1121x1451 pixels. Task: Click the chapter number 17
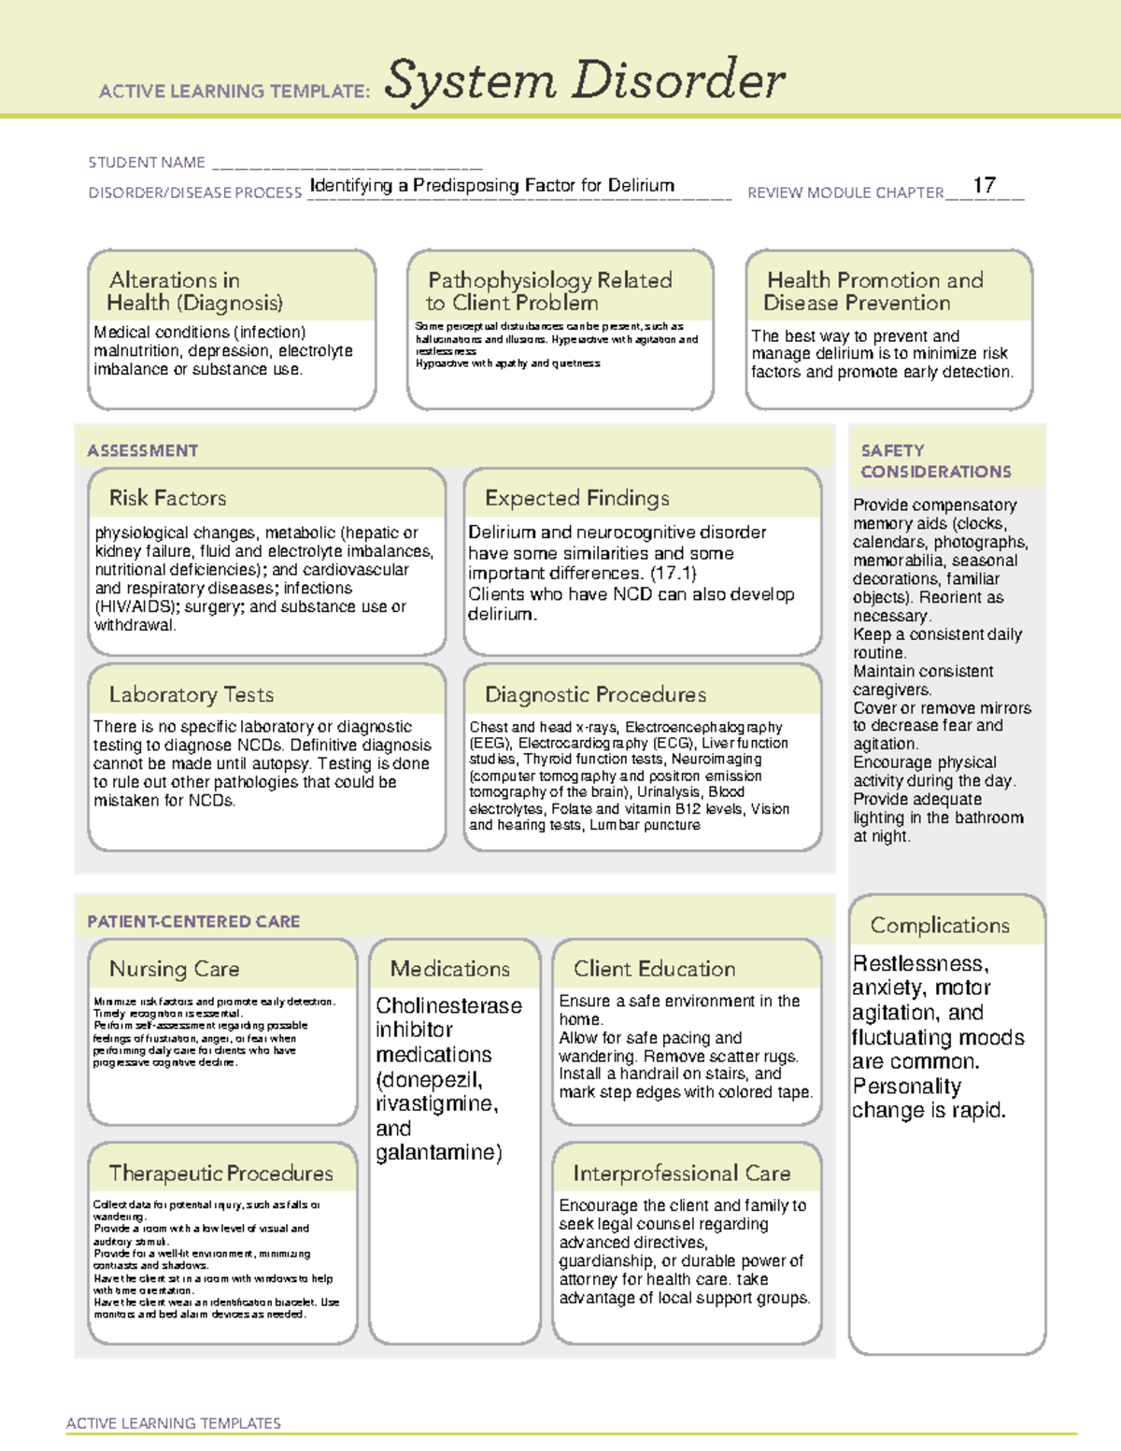click(984, 185)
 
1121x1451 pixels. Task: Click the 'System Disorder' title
click(585, 80)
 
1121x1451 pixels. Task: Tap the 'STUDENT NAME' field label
click(147, 163)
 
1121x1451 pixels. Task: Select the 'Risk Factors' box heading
click(167, 498)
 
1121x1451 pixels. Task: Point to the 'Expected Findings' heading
click(576, 498)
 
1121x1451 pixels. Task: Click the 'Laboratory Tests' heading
click(191, 694)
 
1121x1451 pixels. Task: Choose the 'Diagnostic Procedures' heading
click(595, 694)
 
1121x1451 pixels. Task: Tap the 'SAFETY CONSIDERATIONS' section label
click(935, 461)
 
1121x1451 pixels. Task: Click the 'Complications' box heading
click(940, 925)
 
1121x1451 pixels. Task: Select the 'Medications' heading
click(450, 969)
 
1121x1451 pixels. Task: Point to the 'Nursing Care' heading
click(174, 969)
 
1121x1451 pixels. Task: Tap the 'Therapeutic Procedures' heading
click(220, 1173)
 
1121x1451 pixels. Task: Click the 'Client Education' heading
click(654, 969)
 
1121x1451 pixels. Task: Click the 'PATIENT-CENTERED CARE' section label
click(193, 921)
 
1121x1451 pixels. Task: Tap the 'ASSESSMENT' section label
click(142, 450)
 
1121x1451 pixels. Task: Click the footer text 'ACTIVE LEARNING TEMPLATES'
click(173, 1423)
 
